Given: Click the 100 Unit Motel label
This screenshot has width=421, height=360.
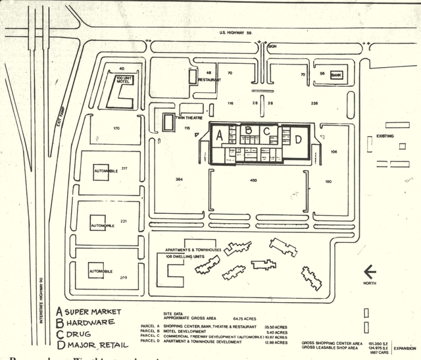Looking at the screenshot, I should point(124,81).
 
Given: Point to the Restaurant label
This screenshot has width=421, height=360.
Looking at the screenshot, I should point(209,80).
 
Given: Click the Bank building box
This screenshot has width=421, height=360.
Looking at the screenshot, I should point(337,76).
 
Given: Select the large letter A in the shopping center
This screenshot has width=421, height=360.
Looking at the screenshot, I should point(219,137).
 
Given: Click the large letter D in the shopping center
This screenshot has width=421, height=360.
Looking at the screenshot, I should point(298,139).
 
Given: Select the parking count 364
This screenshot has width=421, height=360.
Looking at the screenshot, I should point(179,180).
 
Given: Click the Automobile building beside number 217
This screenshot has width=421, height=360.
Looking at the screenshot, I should point(105,170).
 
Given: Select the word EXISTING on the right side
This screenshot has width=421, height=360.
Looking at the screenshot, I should point(385,136).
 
